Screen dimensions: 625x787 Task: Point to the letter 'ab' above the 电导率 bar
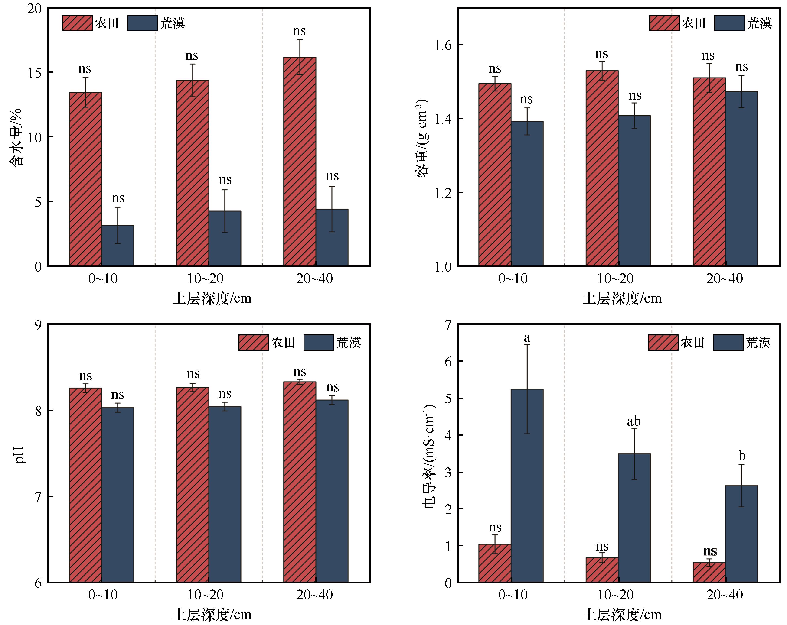point(634,422)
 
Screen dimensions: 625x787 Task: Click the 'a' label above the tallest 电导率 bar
point(527,338)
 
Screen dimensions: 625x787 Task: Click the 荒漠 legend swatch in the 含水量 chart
point(142,23)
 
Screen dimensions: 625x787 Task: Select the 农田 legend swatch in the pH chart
point(253,343)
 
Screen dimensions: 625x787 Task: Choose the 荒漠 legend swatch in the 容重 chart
point(729,23)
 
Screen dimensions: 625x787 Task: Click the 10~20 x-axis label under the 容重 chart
point(615,279)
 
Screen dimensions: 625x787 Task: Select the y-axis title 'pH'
point(20,454)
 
